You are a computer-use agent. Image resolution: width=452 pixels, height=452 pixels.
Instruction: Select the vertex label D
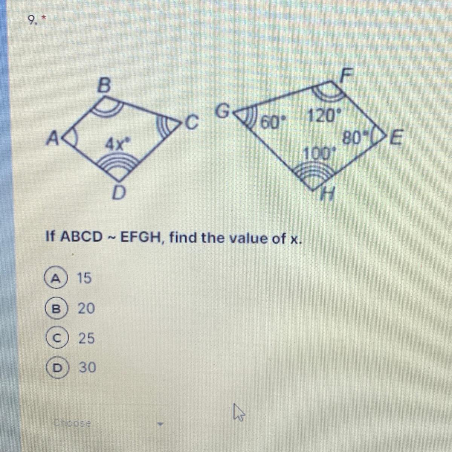click(x=119, y=194)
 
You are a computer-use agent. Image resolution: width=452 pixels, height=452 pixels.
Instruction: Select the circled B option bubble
click(x=55, y=308)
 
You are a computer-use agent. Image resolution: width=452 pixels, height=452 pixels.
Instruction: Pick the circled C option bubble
click(x=55, y=338)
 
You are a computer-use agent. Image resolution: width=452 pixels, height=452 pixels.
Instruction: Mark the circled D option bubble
click(x=55, y=367)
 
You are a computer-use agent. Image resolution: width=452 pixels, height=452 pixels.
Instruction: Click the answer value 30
click(x=87, y=367)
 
